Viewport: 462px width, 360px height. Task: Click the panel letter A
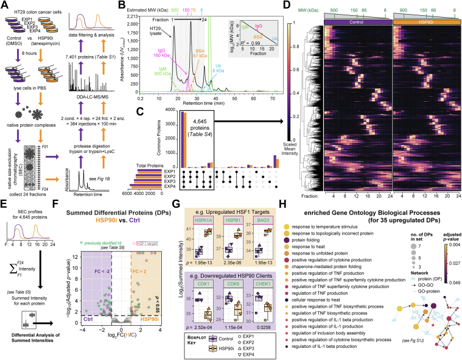[x=4, y=5]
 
